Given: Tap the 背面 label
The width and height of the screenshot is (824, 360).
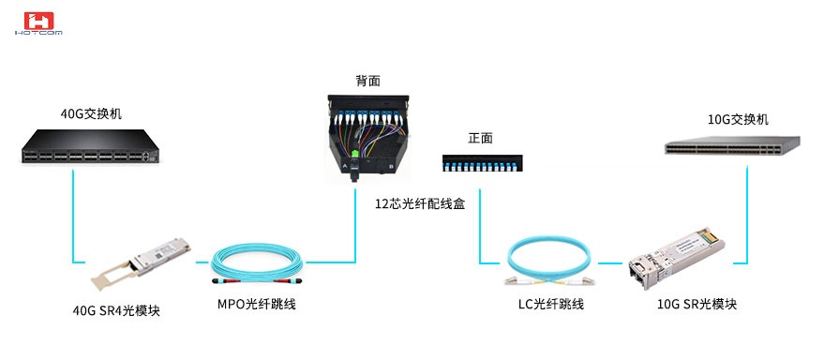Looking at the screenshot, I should click(x=367, y=82).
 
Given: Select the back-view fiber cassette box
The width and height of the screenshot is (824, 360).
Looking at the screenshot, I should click(x=368, y=137).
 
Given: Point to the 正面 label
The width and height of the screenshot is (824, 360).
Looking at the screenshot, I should click(x=481, y=138).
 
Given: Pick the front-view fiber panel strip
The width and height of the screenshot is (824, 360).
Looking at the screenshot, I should click(x=481, y=163).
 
